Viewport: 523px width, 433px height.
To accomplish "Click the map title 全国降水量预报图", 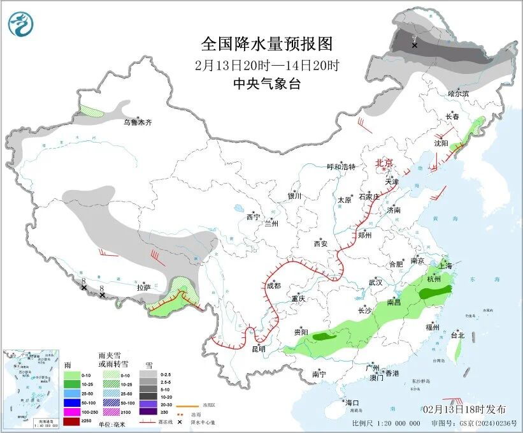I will pos(267,44).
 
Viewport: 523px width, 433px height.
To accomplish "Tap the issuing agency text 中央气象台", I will pos(266,84).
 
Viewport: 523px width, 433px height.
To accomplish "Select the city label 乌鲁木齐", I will pos(138,122).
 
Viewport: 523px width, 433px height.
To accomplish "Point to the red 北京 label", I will pos(385,163).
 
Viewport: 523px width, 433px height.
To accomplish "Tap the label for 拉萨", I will pos(143,288).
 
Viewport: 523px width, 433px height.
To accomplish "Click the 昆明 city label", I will pos(258,349).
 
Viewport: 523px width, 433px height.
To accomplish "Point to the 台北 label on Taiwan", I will pos(457,335).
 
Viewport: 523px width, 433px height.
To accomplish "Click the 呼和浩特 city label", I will pos(341,167).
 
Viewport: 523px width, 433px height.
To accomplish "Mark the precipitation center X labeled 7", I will pos(415,45).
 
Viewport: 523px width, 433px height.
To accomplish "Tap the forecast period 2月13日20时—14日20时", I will pos(267,65).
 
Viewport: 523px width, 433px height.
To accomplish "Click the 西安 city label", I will pos(320,244).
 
